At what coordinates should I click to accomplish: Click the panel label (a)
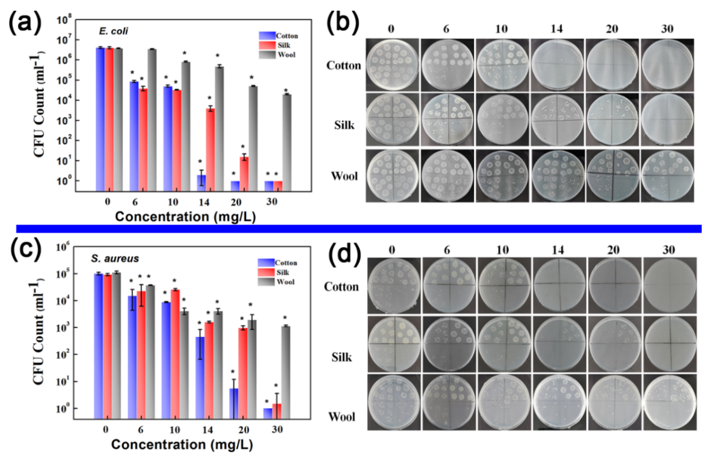25,23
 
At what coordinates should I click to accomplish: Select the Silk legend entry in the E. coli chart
283,45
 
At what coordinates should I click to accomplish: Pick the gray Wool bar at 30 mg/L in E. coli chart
287,142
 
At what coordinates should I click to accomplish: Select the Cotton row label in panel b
344,65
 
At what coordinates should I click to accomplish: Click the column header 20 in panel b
612,29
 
